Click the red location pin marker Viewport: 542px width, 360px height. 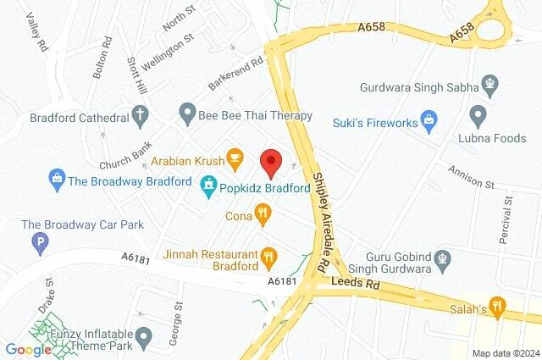[x=270, y=159]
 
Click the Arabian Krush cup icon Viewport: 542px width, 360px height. [x=234, y=157]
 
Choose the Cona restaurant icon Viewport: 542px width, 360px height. [x=263, y=214]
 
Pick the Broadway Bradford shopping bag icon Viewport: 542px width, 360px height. [x=57, y=179]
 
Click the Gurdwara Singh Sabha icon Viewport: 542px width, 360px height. [x=491, y=85]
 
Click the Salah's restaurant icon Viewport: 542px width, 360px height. [x=498, y=304]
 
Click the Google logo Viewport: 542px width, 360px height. [x=28, y=349]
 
